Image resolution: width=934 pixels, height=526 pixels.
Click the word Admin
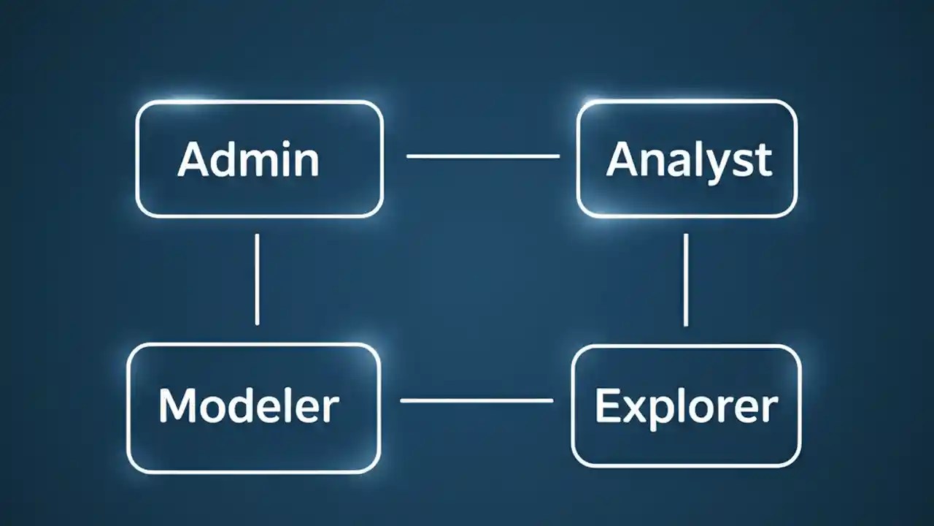[x=248, y=159]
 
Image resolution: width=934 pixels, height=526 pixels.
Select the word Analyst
[x=688, y=159]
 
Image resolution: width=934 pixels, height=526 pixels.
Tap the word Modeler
[x=249, y=405]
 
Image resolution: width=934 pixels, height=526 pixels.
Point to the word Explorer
[x=686, y=407]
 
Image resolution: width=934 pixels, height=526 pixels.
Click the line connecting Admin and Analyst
[x=482, y=156]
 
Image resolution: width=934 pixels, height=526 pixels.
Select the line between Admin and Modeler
[x=257, y=279]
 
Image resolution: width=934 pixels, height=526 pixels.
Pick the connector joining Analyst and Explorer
[x=685, y=279]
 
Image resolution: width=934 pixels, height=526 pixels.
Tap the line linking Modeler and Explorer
[x=476, y=400]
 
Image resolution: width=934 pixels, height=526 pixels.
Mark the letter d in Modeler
[x=249, y=405]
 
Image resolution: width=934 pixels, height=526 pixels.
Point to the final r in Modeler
[x=331, y=408]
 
